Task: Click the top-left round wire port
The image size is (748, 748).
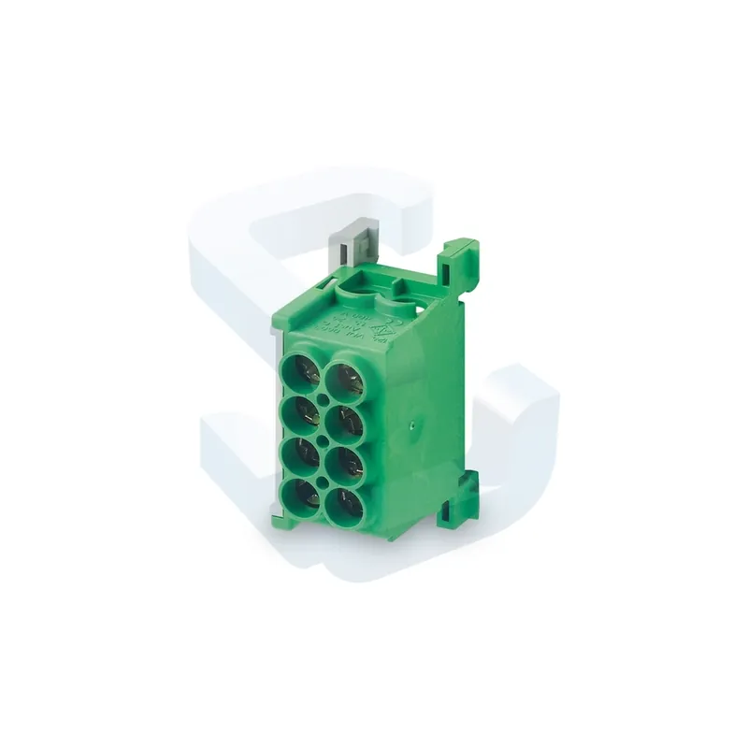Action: [301, 374]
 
